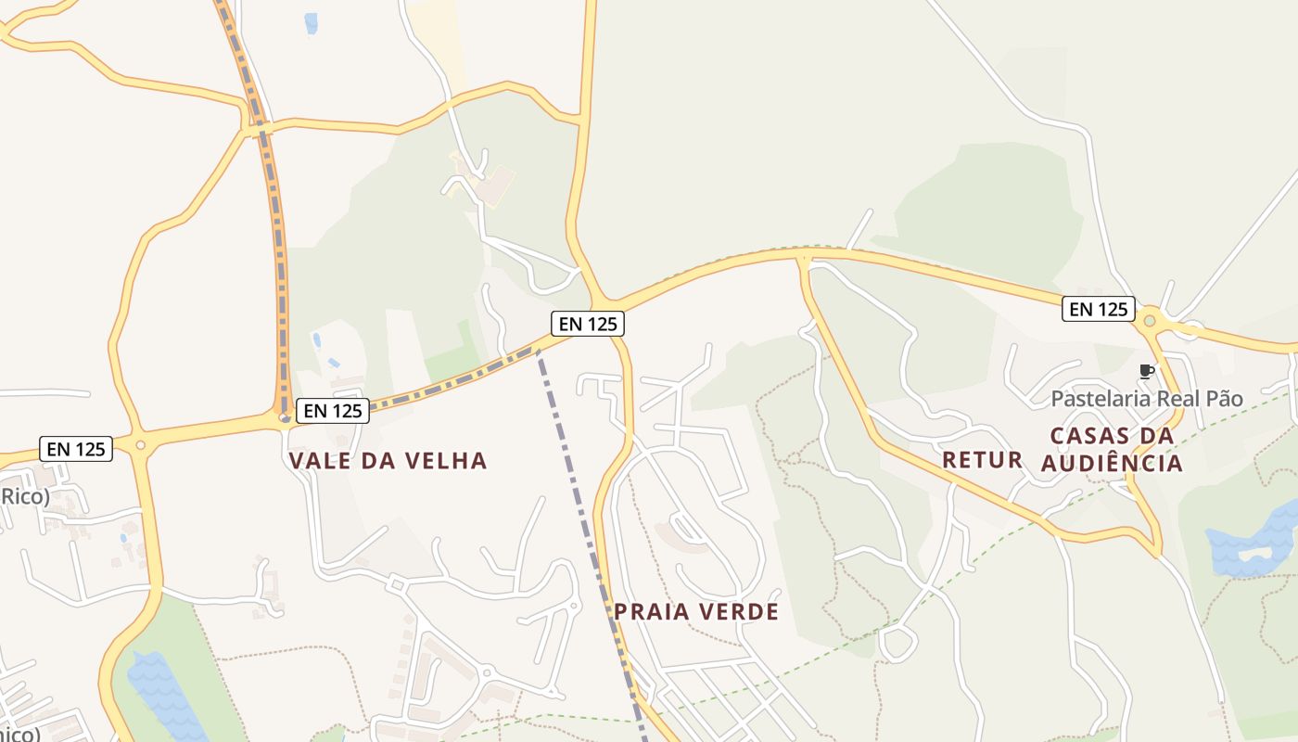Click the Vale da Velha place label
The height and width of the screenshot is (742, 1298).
pyautogui.click(x=388, y=461)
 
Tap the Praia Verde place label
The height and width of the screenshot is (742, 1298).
pyautogui.click(x=695, y=612)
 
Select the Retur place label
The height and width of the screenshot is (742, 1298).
pyautogui.click(x=982, y=459)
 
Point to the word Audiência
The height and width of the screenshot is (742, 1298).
pyautogui.click(x=1112, y=462)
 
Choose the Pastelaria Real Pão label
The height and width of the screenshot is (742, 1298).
pyautogui.click(x=1146, y=399)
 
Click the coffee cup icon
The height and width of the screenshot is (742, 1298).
pyautogui.click(x=1146, y=372)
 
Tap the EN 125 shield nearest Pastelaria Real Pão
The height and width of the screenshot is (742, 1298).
pyautogui.click(x=1098, y=309)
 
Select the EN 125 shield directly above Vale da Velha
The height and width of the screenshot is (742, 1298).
pyautogui.click(x=332, y=411)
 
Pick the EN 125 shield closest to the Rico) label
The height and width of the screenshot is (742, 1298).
pyautogui.click(x=76, y=449)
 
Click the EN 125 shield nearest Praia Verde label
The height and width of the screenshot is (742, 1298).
pyautogui.click(x=587, y=324)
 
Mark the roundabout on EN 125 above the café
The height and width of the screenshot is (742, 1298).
pyautogui.click(x=1150, y=321)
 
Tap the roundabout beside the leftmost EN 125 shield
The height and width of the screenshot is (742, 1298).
pyautogui.click(x=141, y=445)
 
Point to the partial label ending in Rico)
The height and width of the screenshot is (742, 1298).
pyautogui.click(x=24, y=496)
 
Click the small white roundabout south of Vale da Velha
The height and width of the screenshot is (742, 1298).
pyautogui.click(x=397, y=583)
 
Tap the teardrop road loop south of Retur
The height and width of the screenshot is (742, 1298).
pyautogui.click(x=897, y=643)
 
